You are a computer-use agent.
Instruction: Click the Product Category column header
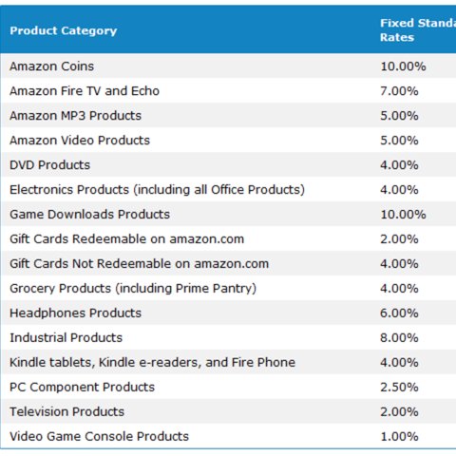(x=64, y=30)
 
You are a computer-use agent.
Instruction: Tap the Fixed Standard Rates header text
(x=416, y=30)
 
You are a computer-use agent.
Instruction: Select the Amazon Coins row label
(x=51, y=66)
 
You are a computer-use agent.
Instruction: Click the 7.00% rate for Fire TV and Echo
(x=399, y=91)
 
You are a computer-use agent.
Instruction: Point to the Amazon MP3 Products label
(x=75, y=116)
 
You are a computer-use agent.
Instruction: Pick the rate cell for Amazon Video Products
(x=399, y=141)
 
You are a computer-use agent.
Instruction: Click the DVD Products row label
(x=49, y=165)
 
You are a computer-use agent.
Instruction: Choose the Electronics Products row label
(x=157, y=190)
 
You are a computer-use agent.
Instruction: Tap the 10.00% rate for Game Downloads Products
(x=403, y=215)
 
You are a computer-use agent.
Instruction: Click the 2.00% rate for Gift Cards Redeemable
(x=399, y=239)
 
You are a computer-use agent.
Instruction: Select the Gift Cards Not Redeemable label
(x=139, y=264)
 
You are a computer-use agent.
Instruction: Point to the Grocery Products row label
(x=133, y=289)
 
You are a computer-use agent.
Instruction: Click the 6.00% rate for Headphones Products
(x=399, y=313)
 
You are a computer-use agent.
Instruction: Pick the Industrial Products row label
(x=66, y=338)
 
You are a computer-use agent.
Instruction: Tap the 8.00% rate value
(x=399, y=338)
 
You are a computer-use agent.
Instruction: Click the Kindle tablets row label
(x=152, y=363)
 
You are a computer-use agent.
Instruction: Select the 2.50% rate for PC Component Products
(x=399, y=388)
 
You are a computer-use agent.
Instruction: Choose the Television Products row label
(x=66, y=412)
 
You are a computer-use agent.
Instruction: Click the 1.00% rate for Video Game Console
(x=399, y=437)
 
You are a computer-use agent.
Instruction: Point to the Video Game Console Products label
(x=99, y=437)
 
